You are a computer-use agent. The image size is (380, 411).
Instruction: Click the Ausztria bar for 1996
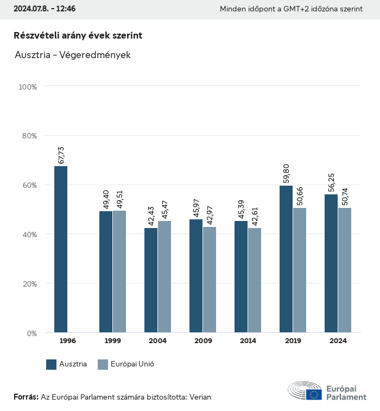[61, 249]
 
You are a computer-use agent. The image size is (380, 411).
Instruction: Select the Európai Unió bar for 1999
[119, 271]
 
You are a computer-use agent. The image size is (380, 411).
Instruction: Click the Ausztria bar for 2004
[151, 280]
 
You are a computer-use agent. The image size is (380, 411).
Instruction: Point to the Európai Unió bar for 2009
[210, 280]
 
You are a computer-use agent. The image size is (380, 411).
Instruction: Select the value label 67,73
[61, 155]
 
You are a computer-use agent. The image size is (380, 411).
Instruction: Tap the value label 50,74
[345, 197]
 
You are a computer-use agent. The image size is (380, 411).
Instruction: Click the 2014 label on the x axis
[248, 341]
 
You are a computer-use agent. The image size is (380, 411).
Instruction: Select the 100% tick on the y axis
[28, 86]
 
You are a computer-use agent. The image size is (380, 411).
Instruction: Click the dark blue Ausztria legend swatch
[52, 364]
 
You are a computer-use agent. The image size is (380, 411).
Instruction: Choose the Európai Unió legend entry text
[134, 364]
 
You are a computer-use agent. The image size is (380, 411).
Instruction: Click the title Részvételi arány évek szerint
[78, 35]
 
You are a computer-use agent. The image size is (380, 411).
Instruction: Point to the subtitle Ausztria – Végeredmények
[73, 55]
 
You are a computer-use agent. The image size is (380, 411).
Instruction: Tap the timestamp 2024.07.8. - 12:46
[45, 9]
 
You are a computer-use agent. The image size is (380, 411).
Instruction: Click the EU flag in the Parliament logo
[313, 394]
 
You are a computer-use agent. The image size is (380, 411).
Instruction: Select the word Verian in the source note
[200, 397]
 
